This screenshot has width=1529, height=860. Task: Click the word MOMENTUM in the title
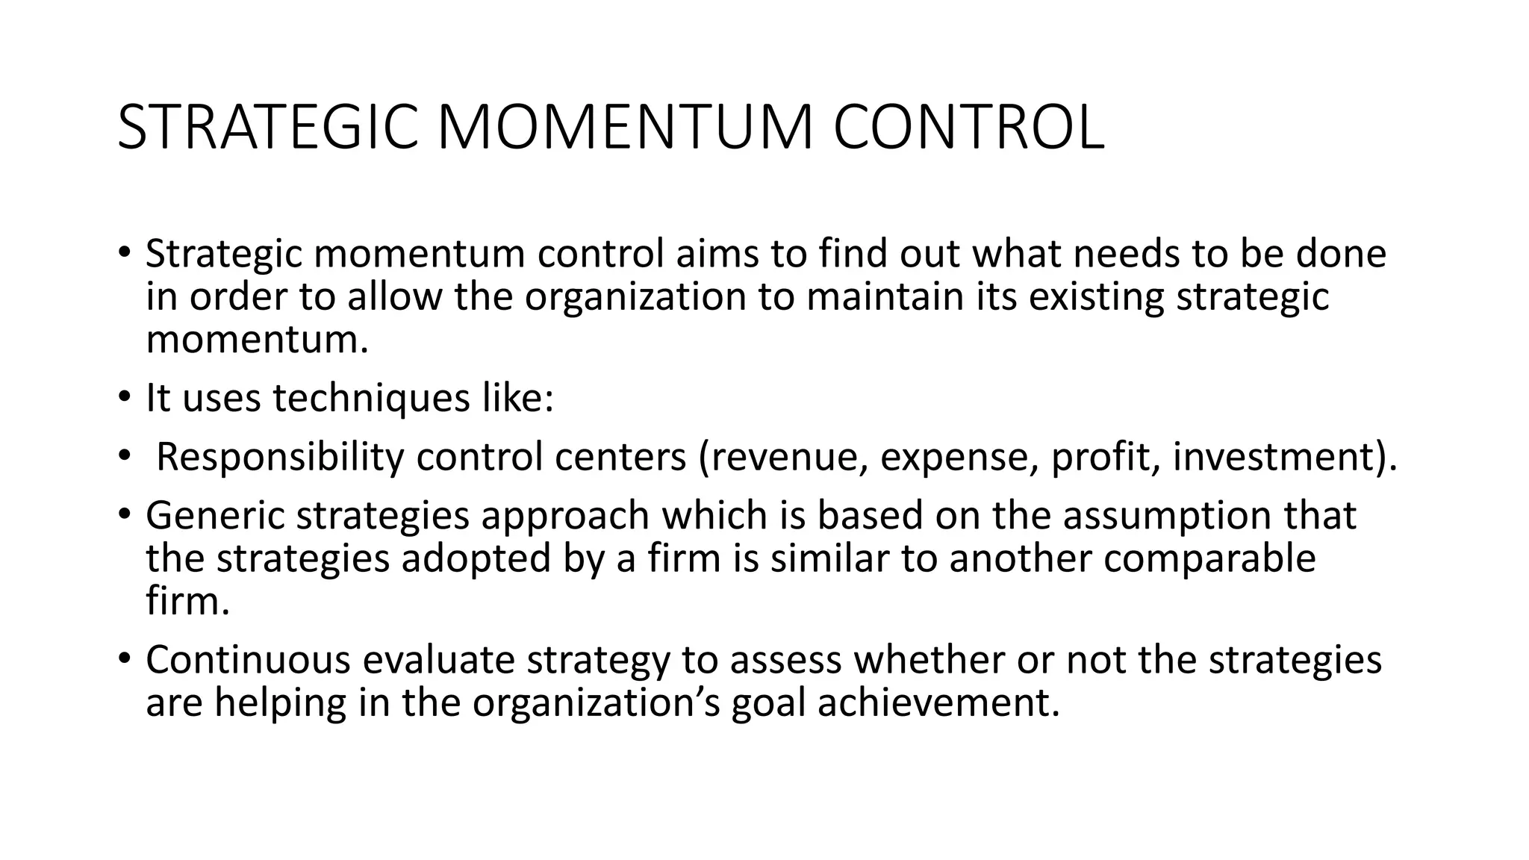[624, 128]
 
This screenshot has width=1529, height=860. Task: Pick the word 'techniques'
[371, 397]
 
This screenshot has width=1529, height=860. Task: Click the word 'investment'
[1274, 457]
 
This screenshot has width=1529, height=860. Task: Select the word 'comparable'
[1209, 558]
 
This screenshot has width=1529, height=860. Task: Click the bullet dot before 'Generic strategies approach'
[123, 514]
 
